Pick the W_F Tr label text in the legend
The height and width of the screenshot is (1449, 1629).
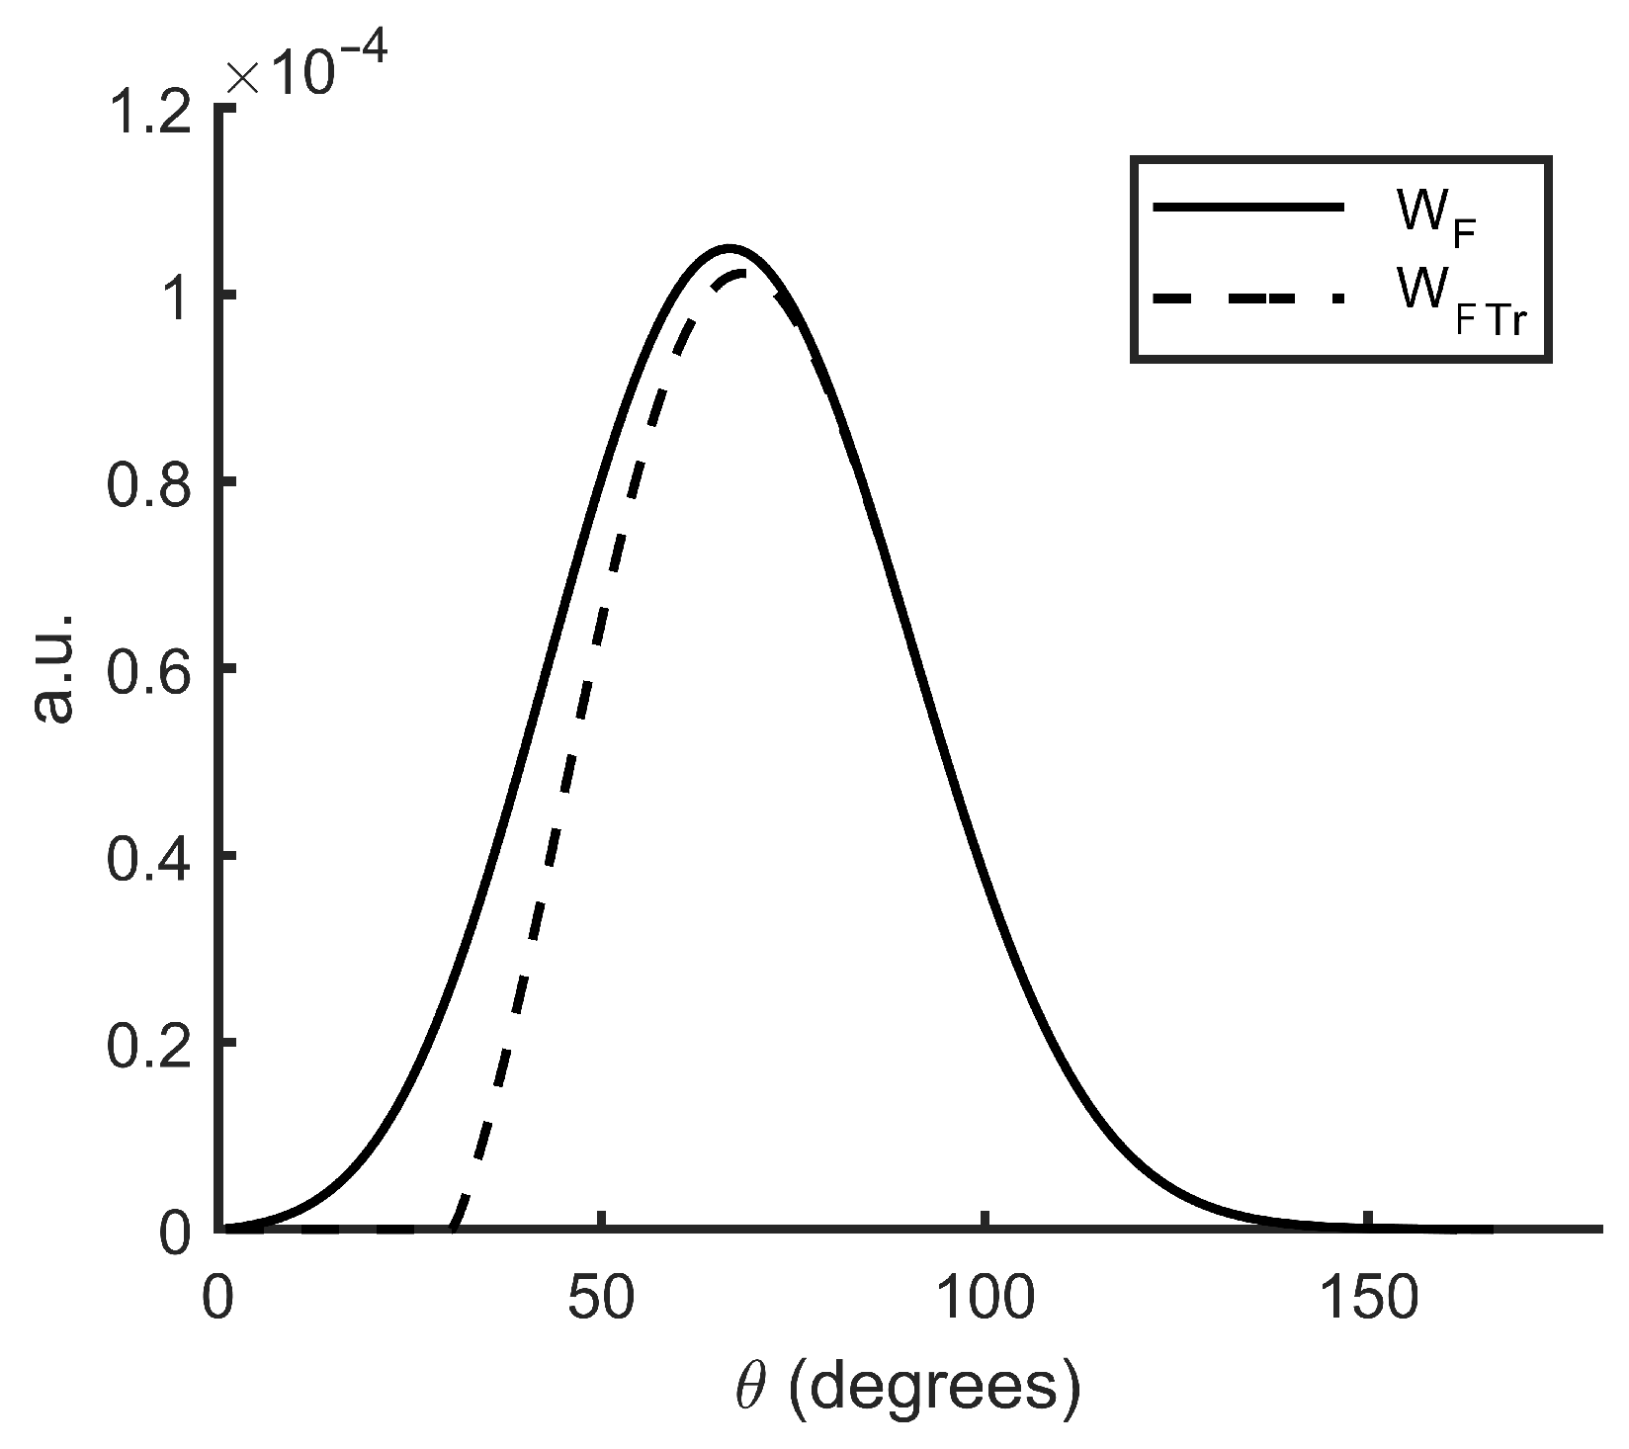point(1458,301)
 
